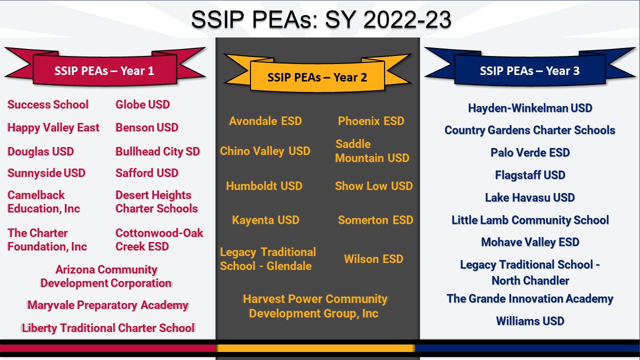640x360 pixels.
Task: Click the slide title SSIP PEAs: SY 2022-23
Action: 321,19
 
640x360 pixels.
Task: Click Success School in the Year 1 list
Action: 48,104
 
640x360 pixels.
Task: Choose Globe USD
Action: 142,104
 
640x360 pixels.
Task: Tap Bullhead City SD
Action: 157,151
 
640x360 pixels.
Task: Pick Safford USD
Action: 147,173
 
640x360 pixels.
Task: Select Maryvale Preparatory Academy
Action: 108,305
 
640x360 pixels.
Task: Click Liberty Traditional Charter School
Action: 108,328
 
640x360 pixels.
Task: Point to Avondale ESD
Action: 265,121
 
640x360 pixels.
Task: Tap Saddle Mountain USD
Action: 372,151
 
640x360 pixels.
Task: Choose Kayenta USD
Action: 265,220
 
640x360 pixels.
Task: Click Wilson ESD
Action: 373,259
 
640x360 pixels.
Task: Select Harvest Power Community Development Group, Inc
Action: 315,306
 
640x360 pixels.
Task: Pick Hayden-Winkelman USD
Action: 530,108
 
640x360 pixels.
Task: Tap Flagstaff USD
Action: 530,175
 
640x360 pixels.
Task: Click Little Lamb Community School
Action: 530,220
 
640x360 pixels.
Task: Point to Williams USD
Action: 530,321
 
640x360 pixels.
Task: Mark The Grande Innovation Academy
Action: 530,298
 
